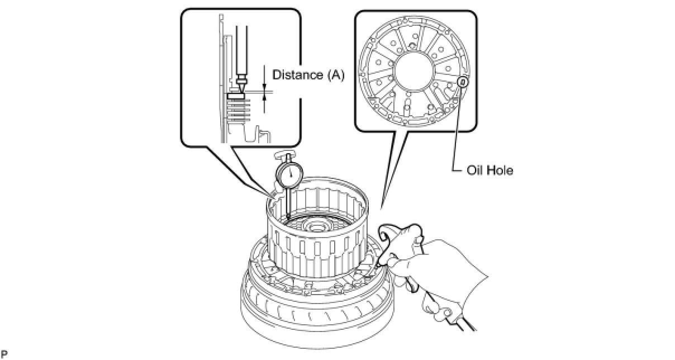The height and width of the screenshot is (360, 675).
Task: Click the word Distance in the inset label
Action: coord(296,75)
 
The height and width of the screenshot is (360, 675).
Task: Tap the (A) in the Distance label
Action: coord(333,75)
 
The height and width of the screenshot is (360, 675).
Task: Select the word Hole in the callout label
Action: coord(501,170)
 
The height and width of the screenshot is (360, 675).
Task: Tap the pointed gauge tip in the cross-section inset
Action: coord(241,90)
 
